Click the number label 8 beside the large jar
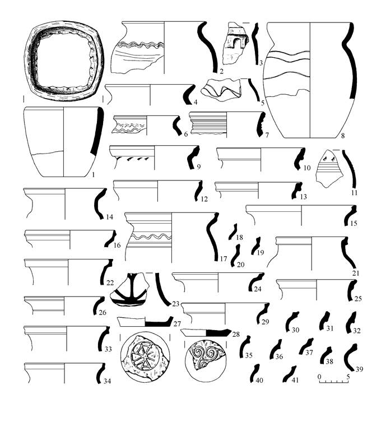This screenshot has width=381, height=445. point(343,136)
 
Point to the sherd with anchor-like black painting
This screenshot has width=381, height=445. point(130,290)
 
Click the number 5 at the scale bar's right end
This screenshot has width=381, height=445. point(348,377)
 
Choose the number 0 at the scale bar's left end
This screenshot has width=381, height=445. point(319,377)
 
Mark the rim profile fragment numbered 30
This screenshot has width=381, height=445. point(291,320)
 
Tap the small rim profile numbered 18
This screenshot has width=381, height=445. point(233,231)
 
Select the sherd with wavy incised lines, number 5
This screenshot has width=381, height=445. point(221,90)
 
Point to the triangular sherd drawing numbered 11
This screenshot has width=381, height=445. point(328,168)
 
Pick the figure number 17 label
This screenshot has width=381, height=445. point(224,258)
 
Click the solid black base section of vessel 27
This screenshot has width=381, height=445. point(159,323)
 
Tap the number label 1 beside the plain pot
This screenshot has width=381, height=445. point(93,174)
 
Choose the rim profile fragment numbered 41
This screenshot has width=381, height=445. point(290,374)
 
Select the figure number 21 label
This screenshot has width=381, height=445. point(356,273)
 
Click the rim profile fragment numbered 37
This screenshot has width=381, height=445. point(306,346)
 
